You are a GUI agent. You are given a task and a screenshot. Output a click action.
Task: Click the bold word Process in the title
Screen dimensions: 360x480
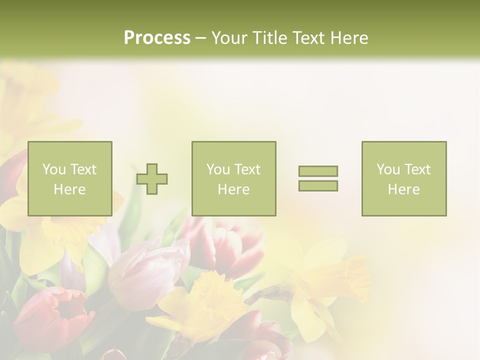click(x=157, y=38)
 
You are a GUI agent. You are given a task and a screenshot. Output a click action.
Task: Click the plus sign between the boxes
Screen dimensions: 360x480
click(x=152, y=179)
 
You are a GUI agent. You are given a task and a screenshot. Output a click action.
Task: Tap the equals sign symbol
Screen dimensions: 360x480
click(x=318, y=178)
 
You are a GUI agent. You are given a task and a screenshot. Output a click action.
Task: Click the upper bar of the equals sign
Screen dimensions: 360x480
click(x=318, y=171)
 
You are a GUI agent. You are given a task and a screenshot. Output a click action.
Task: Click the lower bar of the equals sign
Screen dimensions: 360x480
click(x=318, y=185)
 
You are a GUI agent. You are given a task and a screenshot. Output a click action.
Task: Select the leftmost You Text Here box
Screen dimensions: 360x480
click(x=70, y=179)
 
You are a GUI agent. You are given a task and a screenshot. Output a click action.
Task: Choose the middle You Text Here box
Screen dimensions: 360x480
click(x=234, y=179)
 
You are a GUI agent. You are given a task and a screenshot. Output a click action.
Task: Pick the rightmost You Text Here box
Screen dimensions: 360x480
click(x=404, y=179)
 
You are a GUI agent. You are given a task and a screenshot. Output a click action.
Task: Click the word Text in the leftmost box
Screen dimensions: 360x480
click(x=83, y=169)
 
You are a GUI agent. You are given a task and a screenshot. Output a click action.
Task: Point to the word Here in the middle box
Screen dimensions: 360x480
click(x=234, y=189)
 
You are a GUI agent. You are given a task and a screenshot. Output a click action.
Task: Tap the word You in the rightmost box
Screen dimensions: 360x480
click(x=388, y=169)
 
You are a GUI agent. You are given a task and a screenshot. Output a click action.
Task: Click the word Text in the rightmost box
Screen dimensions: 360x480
click(x=417, y=169)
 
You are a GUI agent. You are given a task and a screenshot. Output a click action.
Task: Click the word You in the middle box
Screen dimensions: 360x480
click(x=218, y=169)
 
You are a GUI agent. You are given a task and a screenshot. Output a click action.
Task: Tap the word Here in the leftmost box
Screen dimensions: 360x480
click(x=70, y=189)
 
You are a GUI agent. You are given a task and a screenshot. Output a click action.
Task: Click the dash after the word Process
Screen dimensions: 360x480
click(x=201, y=38)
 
